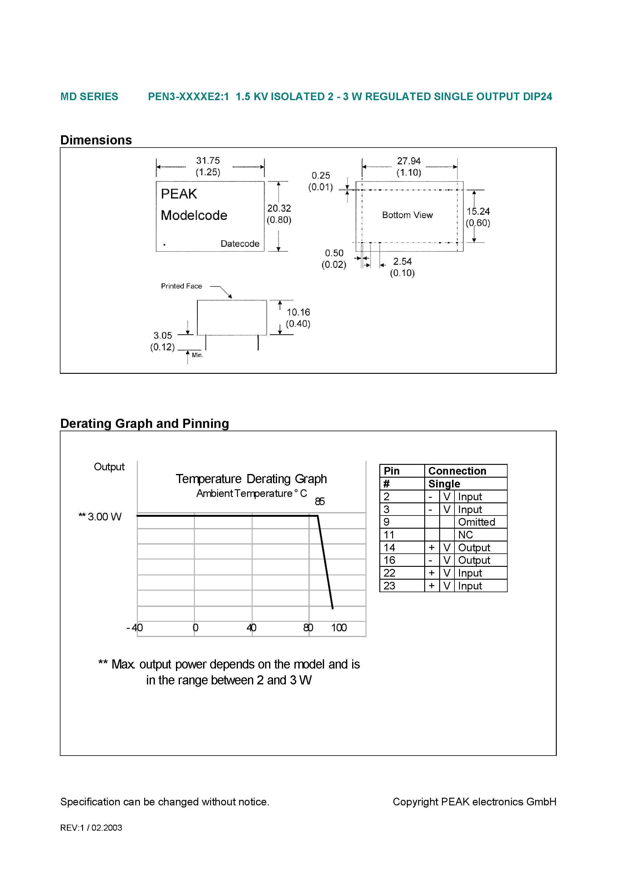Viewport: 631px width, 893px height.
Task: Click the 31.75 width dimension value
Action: click(208, 161)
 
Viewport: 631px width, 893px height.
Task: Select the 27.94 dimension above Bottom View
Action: click(408, 161)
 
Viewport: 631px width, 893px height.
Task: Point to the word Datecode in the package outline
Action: click(240, 244)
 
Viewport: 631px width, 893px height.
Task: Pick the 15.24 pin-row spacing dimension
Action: click(478, 212)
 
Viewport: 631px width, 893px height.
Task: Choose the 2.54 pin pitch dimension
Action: click(402, 262)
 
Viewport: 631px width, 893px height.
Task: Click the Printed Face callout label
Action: click(181, 286)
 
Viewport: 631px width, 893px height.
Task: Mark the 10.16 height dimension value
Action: click(298, 312)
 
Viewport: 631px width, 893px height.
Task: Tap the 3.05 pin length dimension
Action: click(162, 336)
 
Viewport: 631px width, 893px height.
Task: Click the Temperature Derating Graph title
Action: click(251, 479)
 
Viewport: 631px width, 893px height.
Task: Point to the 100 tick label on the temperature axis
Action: click(338, 628)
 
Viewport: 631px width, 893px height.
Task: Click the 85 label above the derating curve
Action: click(319, 502)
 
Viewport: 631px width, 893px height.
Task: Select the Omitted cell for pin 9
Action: click(476, 522)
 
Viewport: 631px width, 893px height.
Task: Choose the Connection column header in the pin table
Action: click(457, 471)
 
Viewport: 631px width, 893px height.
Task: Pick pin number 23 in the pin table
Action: click(389, 586)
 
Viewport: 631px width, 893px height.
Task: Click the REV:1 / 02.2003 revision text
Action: click(91, 828)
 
